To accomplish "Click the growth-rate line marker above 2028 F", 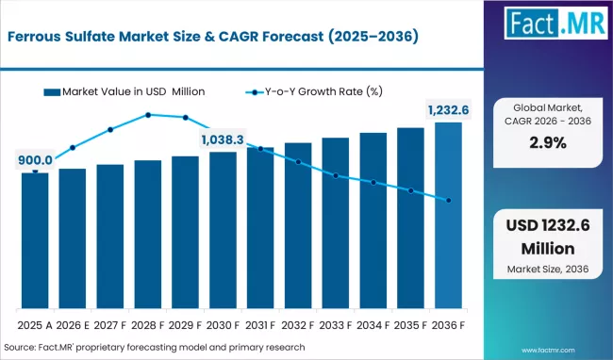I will coord(148,115).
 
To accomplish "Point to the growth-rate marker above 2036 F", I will coord(448,200).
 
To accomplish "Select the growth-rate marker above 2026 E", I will coord(73,148).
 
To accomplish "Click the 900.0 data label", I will coord(35,161).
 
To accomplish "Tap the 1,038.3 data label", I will coord(223,139).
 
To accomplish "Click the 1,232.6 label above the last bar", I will coord(448,110).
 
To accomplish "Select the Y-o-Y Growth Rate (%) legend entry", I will coord(311,91).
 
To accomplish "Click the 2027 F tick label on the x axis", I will coord(110,324).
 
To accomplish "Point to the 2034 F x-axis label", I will coord(373,324).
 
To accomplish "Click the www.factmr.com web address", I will coord(566,348).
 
